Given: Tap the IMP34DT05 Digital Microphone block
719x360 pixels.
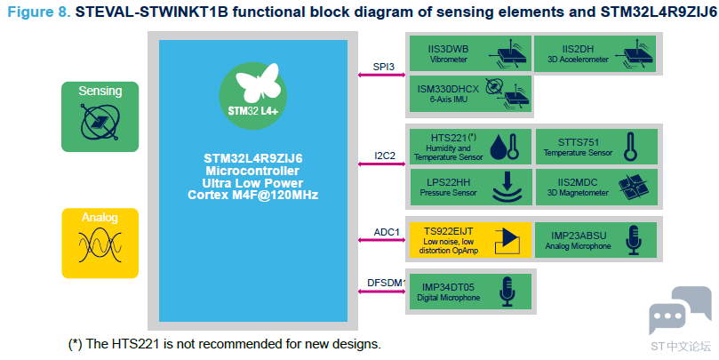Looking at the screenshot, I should pos(468,292).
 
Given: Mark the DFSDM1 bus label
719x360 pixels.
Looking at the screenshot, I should pos(387,284).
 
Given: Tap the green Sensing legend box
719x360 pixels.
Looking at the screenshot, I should pos(100,116).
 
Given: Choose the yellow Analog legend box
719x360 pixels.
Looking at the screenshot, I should pos(100,243).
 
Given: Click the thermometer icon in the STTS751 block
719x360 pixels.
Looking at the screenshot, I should pos(630,146).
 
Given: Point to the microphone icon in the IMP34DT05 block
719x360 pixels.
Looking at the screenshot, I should pos(507,292).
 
